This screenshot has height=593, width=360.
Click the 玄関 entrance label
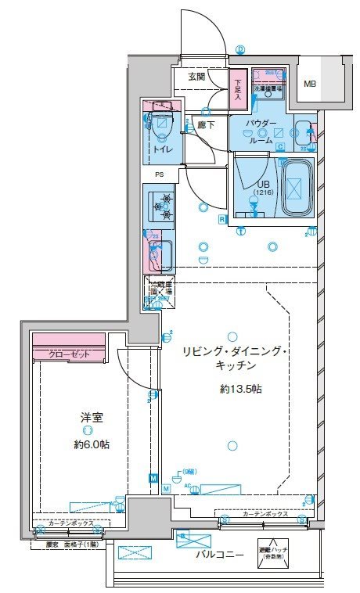196,77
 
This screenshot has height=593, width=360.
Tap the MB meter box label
311,84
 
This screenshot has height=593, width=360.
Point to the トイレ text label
162,148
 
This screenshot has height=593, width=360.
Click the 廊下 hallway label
206,124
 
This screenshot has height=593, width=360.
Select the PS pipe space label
159,175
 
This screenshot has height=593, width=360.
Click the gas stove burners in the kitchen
163,206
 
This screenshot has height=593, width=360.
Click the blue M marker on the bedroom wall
153,477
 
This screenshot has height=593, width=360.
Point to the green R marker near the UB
222,220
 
